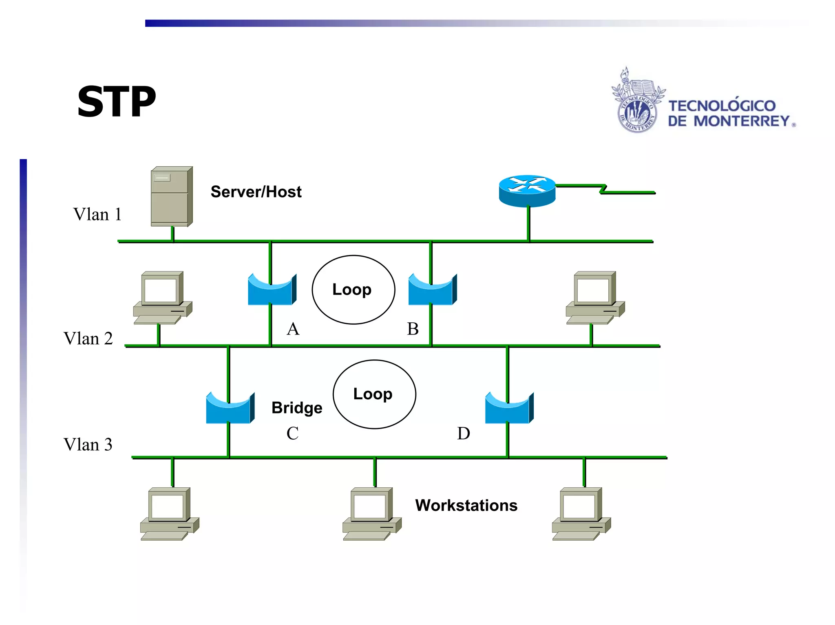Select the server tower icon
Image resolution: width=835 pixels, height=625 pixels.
171,196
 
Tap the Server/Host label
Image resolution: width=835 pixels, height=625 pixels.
256,192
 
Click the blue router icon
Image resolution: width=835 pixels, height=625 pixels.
527,190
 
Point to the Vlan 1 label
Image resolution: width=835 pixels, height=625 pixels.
97,215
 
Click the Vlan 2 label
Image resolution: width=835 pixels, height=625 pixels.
88,339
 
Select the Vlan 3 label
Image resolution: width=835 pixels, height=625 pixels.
88,445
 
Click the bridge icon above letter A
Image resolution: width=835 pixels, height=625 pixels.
272,290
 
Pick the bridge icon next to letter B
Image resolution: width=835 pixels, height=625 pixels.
432,290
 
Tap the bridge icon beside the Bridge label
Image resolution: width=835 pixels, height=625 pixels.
230,408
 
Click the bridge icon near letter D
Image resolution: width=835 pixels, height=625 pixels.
509,408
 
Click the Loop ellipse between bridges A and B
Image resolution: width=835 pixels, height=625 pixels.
353,290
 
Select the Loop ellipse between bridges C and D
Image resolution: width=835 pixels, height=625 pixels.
374,394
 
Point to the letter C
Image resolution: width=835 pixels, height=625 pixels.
292,434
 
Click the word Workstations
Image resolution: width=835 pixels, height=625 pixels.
466,506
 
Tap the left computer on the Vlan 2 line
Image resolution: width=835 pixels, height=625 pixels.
162,297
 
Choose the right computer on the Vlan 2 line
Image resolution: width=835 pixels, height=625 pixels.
595,297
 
